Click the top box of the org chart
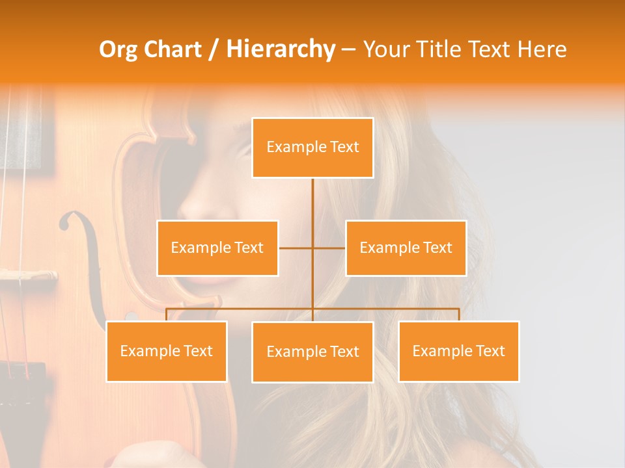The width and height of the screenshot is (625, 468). [312, 148]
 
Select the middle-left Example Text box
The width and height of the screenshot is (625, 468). [217, 248]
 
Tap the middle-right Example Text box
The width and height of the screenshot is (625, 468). [406, 248]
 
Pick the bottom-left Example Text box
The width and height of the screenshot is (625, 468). [167, 352]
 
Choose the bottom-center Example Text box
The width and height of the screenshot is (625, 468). [312, 352]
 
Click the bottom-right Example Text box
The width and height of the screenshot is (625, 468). [458, 352]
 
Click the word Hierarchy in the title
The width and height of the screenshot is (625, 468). [281, 49]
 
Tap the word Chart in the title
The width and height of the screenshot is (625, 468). [174, 49]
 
